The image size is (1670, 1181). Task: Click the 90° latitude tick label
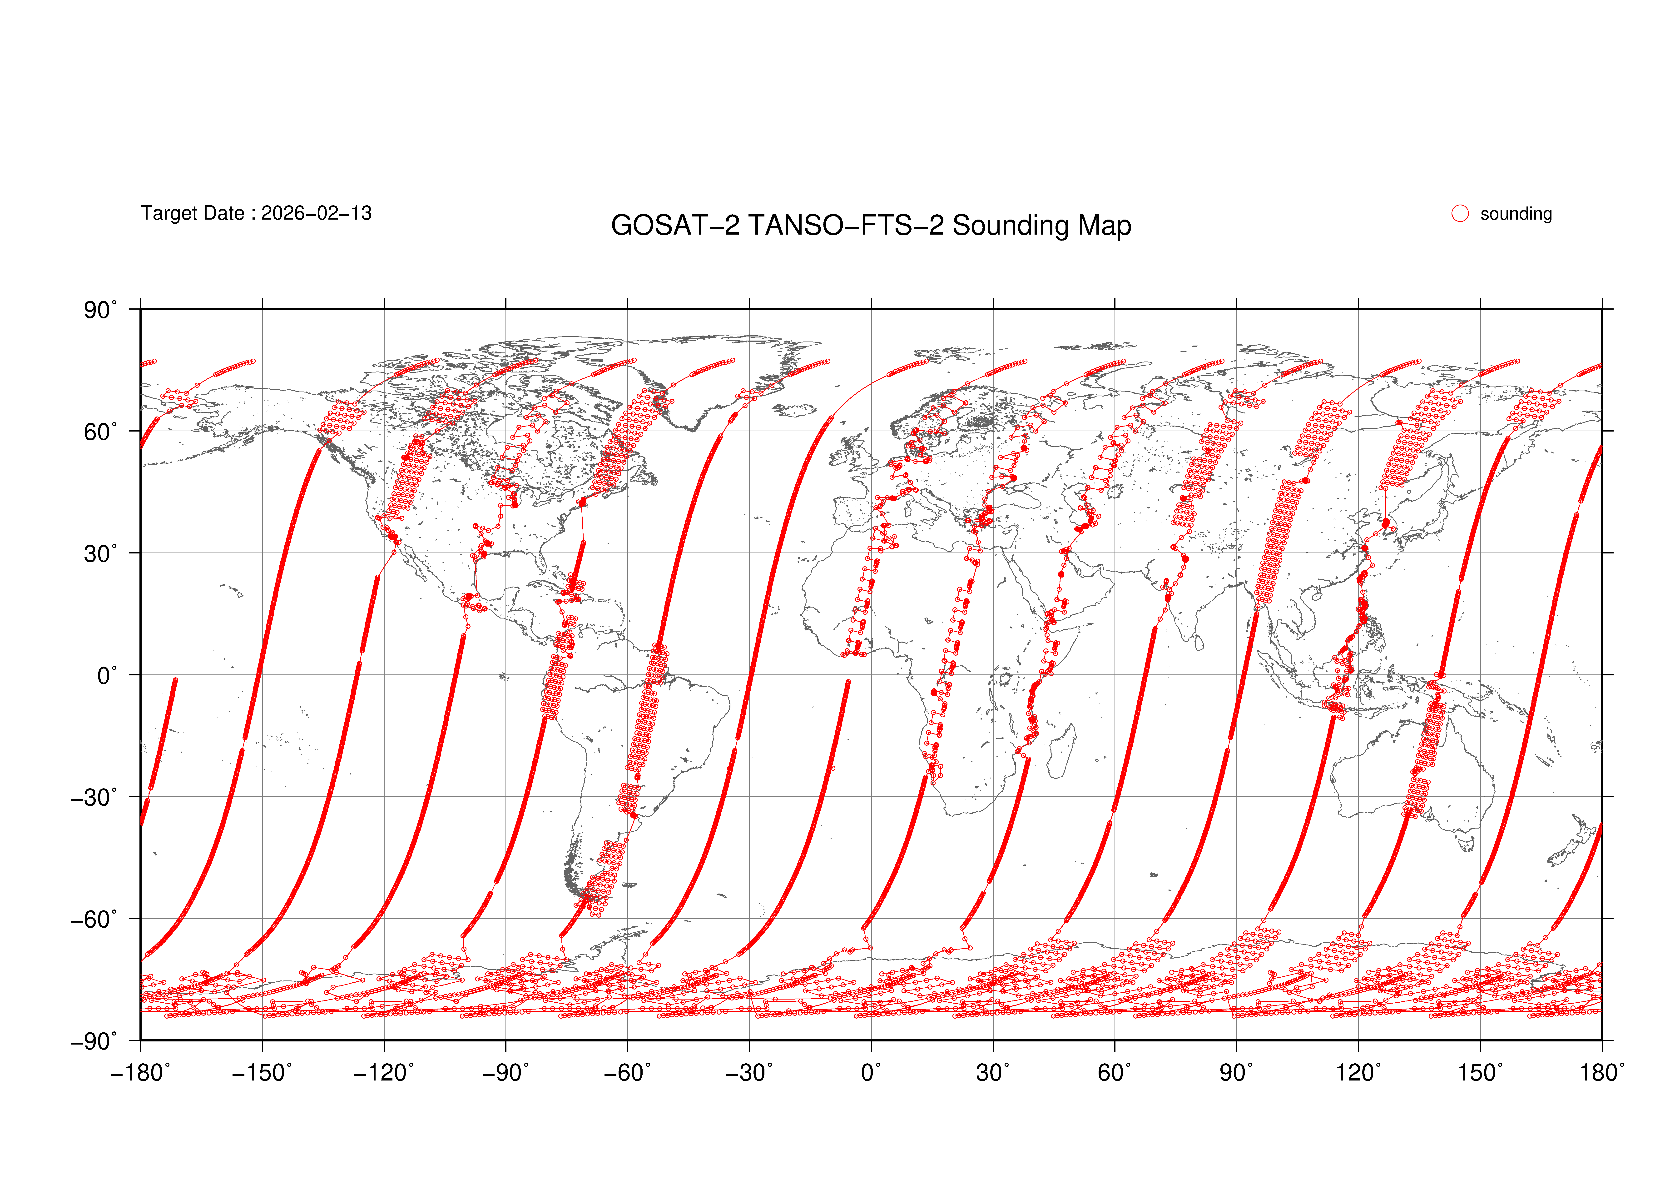(x=100, y=311)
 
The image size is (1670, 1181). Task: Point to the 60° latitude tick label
(x=100, y=432)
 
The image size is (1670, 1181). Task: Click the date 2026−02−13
(x=316, y=213)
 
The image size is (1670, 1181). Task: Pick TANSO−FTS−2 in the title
(x=846, y=226)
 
